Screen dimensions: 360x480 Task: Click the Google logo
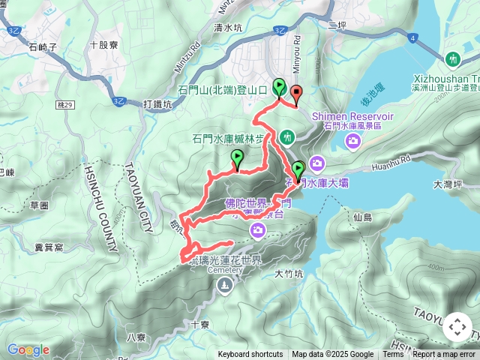(x=28, y=349)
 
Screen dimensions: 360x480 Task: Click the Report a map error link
(x=444, y=355)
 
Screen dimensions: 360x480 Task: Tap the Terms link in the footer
(x=394, y=355)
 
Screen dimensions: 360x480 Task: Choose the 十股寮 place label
(x=103, y=45)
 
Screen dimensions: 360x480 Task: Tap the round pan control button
(x=457, y=327)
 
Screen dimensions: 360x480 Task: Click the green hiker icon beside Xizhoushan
(x=452, y=58)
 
